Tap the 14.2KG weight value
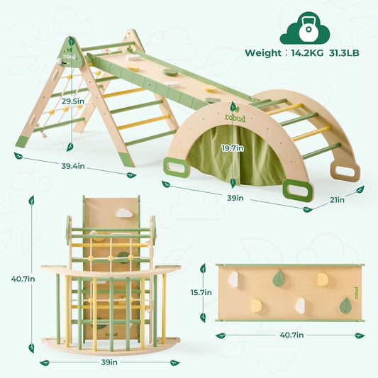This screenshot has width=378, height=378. coord(306,52)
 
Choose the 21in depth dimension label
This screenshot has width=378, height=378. coord(338,201)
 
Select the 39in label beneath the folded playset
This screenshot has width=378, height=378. coord(109,362)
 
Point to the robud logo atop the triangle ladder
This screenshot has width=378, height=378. coord(70,52)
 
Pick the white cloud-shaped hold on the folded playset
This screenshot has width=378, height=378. coord(125,213)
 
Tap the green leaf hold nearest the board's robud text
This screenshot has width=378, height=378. coord(345,306)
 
